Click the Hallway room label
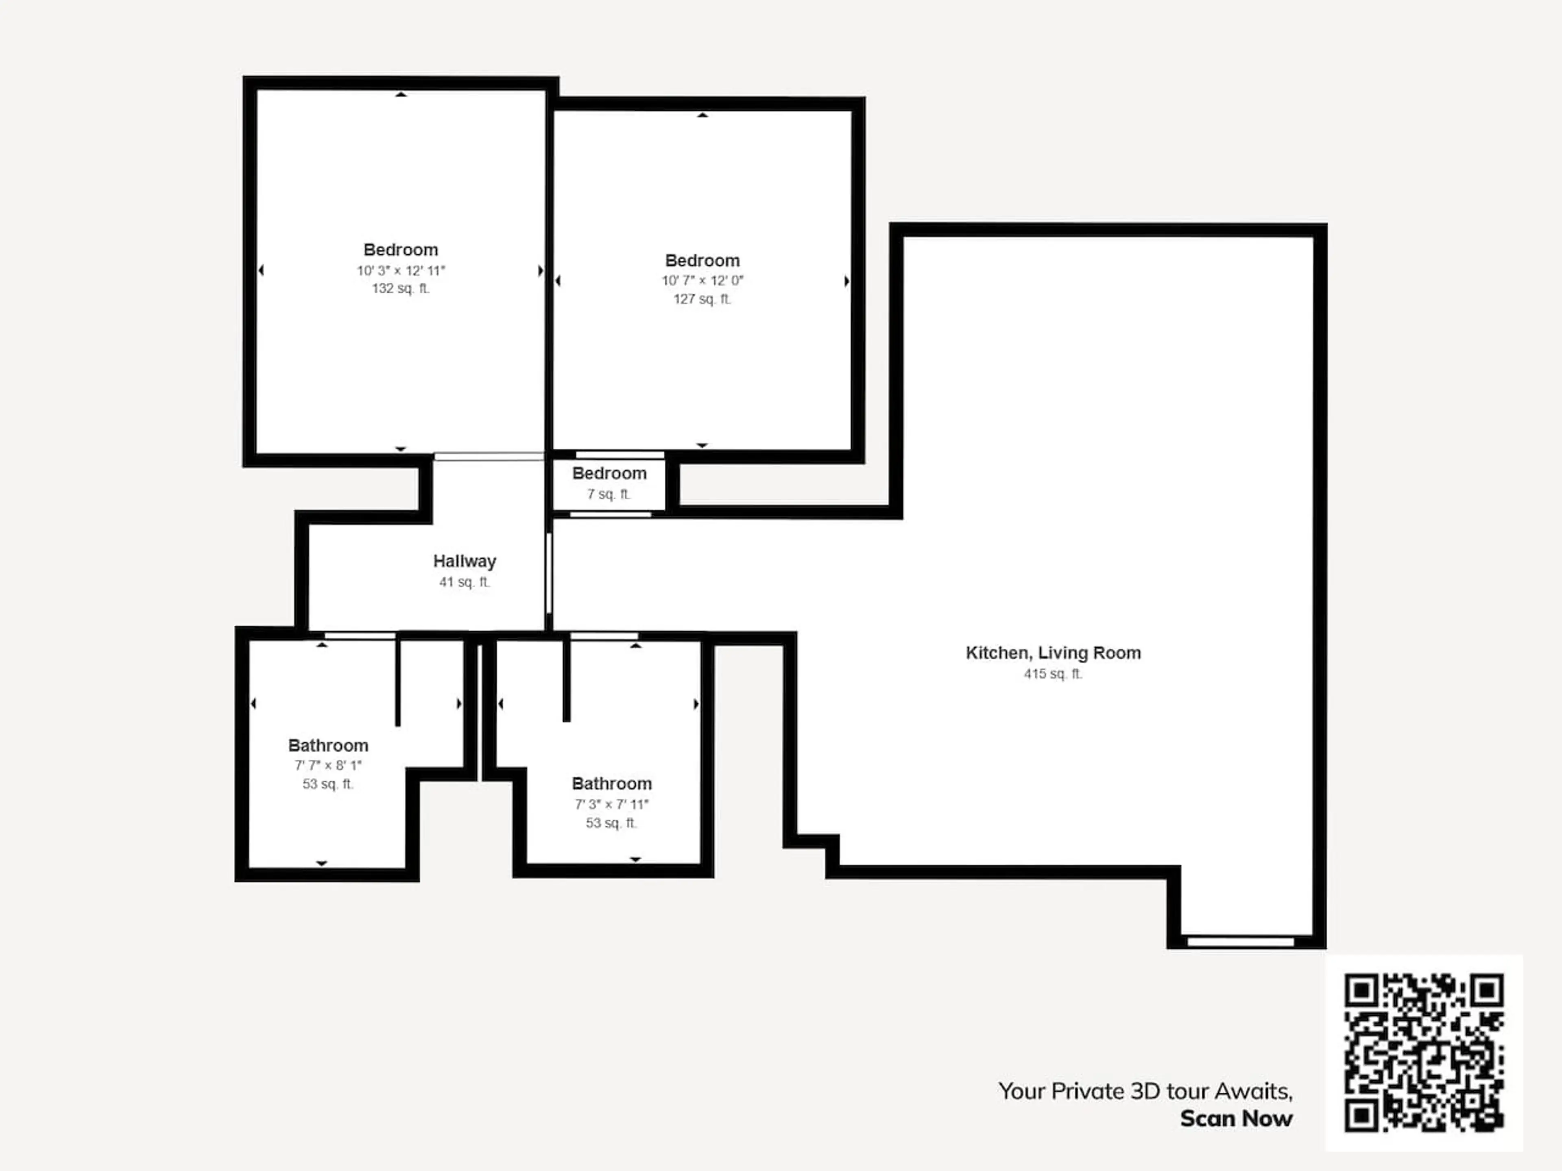tap(465, 561)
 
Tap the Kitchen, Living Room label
tap(1053, 653)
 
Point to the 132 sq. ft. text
tap(400, 288)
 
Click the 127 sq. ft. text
tap(702, 299)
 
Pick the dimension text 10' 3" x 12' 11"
tap(400, 270)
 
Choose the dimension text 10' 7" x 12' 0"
tap(702, 280)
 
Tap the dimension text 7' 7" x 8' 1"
tap(327, 765)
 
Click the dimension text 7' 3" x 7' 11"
tap(611, 804)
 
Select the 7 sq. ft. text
tap(609, 494)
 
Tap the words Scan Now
tap(1237, 1119)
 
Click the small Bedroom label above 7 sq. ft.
tap(609, 474)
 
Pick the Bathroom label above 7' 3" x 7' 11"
tap(611, 784)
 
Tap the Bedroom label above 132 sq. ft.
tap(400, 250)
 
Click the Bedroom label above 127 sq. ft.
tap(702, 261)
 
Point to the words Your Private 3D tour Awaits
tap(1145, 1091)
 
